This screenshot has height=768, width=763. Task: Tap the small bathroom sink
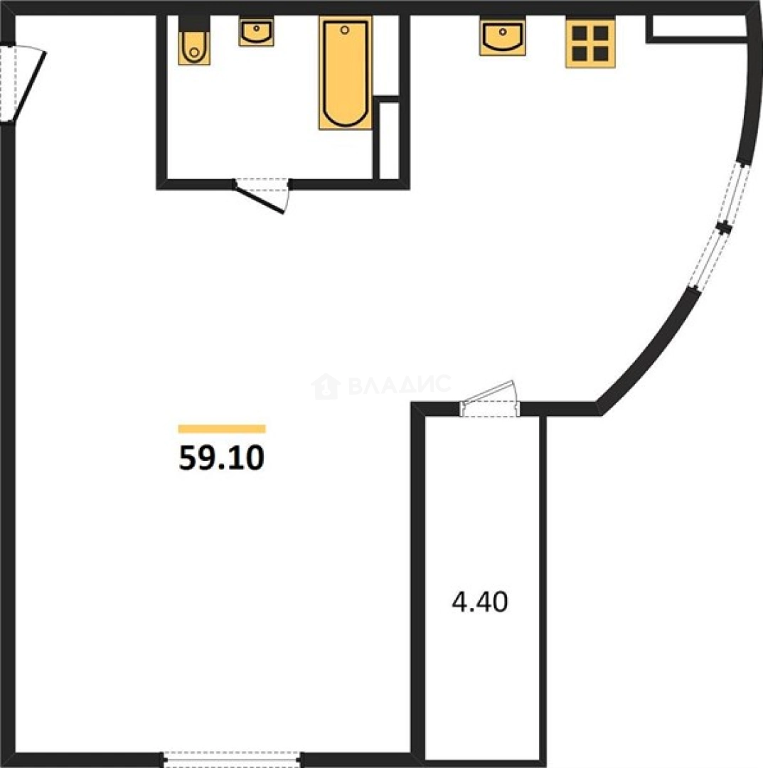(256, 31)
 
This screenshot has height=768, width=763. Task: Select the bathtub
(346, 73)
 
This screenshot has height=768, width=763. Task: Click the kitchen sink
(503, 37)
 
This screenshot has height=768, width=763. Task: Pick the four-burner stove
(590, 43)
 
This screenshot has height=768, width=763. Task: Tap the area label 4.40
(479, 602)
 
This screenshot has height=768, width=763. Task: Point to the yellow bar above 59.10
(222, 429)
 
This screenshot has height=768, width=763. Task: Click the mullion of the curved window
(724, 228)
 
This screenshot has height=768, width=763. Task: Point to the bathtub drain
(345, 30)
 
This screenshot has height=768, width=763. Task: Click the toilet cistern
(194, 24)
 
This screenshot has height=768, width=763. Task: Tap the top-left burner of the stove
(580, 33)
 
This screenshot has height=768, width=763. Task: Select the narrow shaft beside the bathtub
(390, 139)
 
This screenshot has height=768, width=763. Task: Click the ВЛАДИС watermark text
(400, 385)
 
